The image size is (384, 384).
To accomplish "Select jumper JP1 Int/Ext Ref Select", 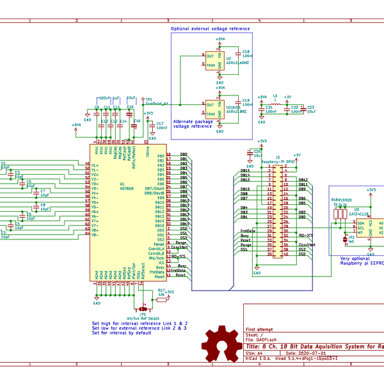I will [143, 307].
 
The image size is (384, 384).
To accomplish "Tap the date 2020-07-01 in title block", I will [312, 353].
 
